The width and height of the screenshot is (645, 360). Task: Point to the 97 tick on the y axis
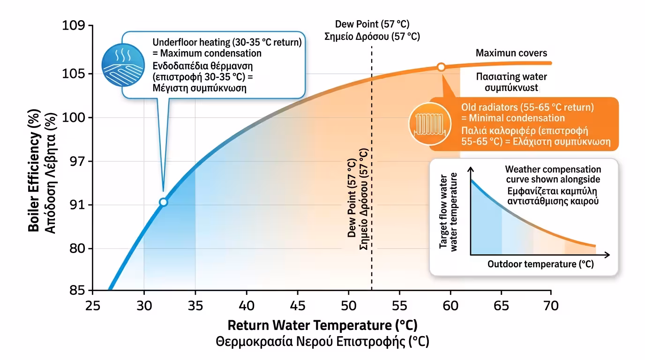click(x=76, y=162)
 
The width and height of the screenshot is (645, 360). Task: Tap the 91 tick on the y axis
click(x=76, y=205)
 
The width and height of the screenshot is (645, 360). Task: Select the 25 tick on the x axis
click(x=93, y=305)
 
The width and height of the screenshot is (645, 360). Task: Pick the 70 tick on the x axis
click(x=551, y=305)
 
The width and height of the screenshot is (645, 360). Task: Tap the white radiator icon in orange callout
click(x=427, y=124)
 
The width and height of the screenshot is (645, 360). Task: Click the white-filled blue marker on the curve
click(x=163, y=202)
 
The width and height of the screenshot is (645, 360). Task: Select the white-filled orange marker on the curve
click(x=441, y=67)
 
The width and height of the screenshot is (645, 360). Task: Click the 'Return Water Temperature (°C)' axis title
click(x=322, y=325)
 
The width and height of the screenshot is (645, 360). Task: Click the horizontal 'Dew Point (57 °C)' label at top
click(x=372, y=24)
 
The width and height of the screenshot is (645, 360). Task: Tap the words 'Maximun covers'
click(x=511, y=53)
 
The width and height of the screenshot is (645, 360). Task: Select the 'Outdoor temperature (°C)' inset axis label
click(x=540, y=264)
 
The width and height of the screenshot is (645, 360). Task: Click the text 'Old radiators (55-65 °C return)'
click(x=527, y=107)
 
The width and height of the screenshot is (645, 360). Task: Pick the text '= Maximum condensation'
click(x=207, y=53)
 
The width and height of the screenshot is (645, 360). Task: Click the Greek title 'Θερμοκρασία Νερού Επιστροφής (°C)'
click(x=322, y=342)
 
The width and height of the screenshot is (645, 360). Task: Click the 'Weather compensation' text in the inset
click(x=553, y=169)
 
